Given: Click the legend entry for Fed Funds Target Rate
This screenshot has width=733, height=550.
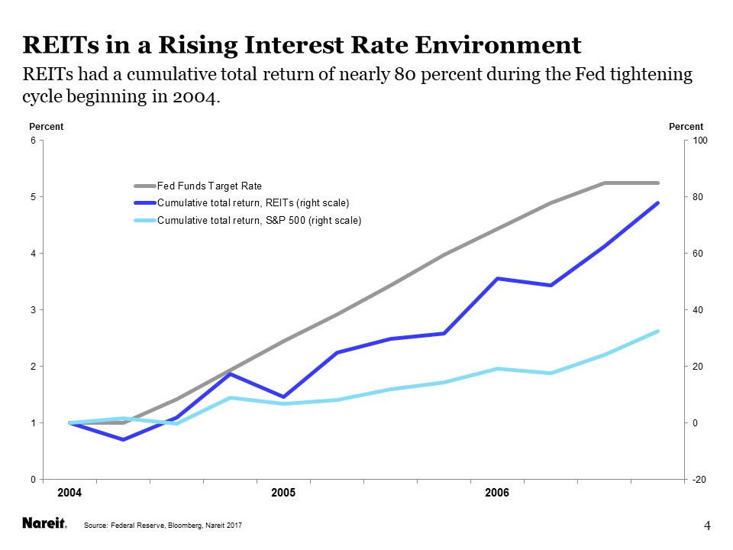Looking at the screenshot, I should coord(209,186).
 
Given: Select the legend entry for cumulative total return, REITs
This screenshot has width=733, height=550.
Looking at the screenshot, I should coord(253,203).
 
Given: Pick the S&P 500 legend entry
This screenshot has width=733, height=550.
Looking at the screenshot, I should coord(259,221).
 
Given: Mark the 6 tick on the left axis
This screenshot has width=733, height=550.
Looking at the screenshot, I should coord(33,141).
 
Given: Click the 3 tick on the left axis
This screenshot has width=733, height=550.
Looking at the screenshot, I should coord(33,310).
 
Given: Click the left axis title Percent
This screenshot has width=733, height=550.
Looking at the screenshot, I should coord(45,127).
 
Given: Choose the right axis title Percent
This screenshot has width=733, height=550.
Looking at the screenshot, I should coord(686,127).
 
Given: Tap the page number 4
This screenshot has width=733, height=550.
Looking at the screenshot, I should coord(707,525).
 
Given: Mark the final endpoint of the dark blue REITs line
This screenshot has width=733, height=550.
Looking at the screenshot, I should coord(657,203).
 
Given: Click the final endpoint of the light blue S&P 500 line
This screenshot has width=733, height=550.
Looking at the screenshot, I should coord(657,332).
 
